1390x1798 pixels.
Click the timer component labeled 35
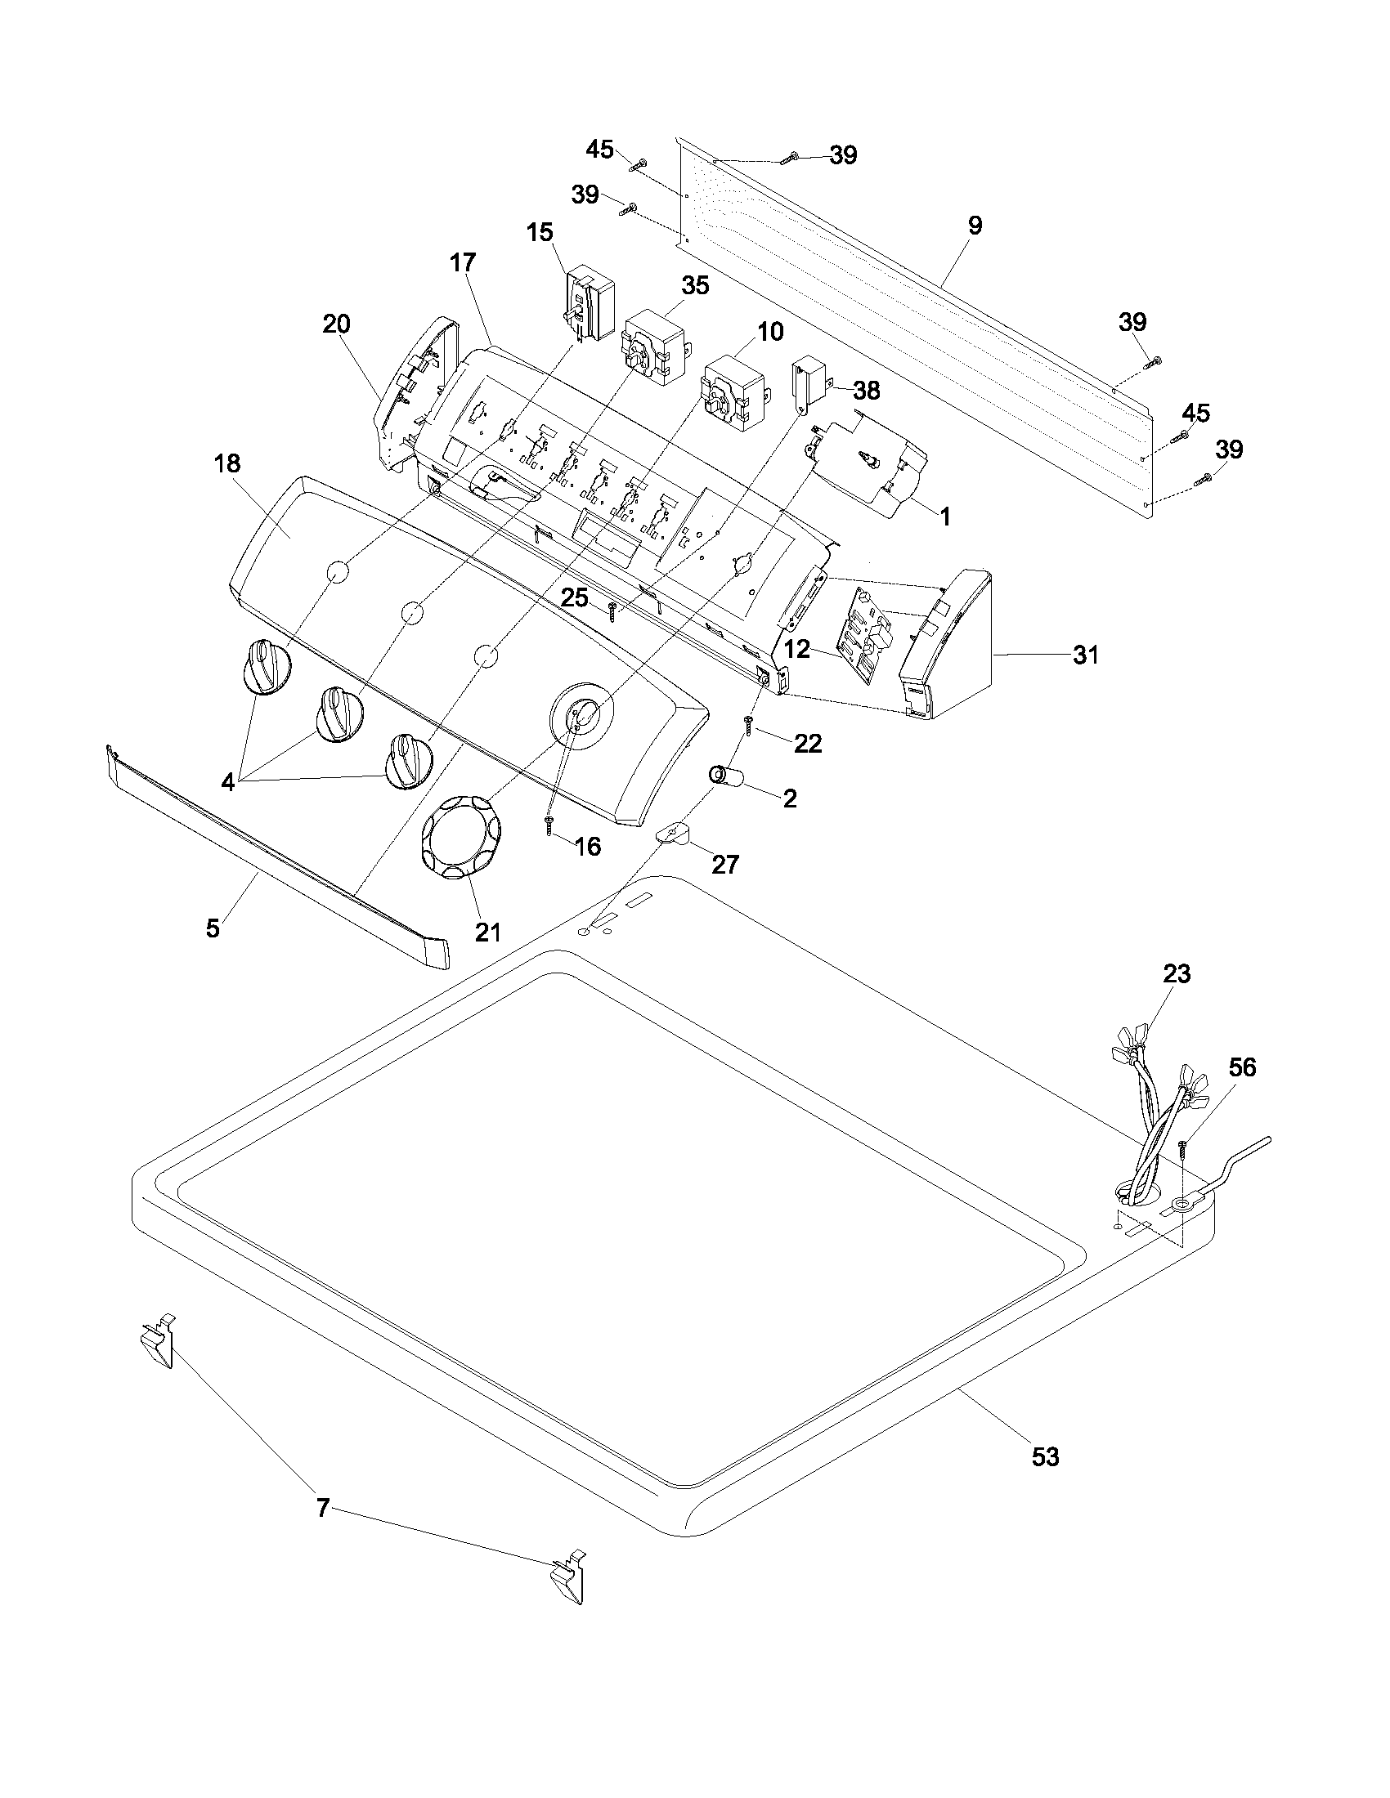coord(655,349)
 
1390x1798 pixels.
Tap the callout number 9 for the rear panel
coord(974,226)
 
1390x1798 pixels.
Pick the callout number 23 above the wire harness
coord(1177,974)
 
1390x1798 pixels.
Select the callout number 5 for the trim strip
coord(213,929)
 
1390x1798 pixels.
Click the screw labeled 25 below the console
coord(612,610)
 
